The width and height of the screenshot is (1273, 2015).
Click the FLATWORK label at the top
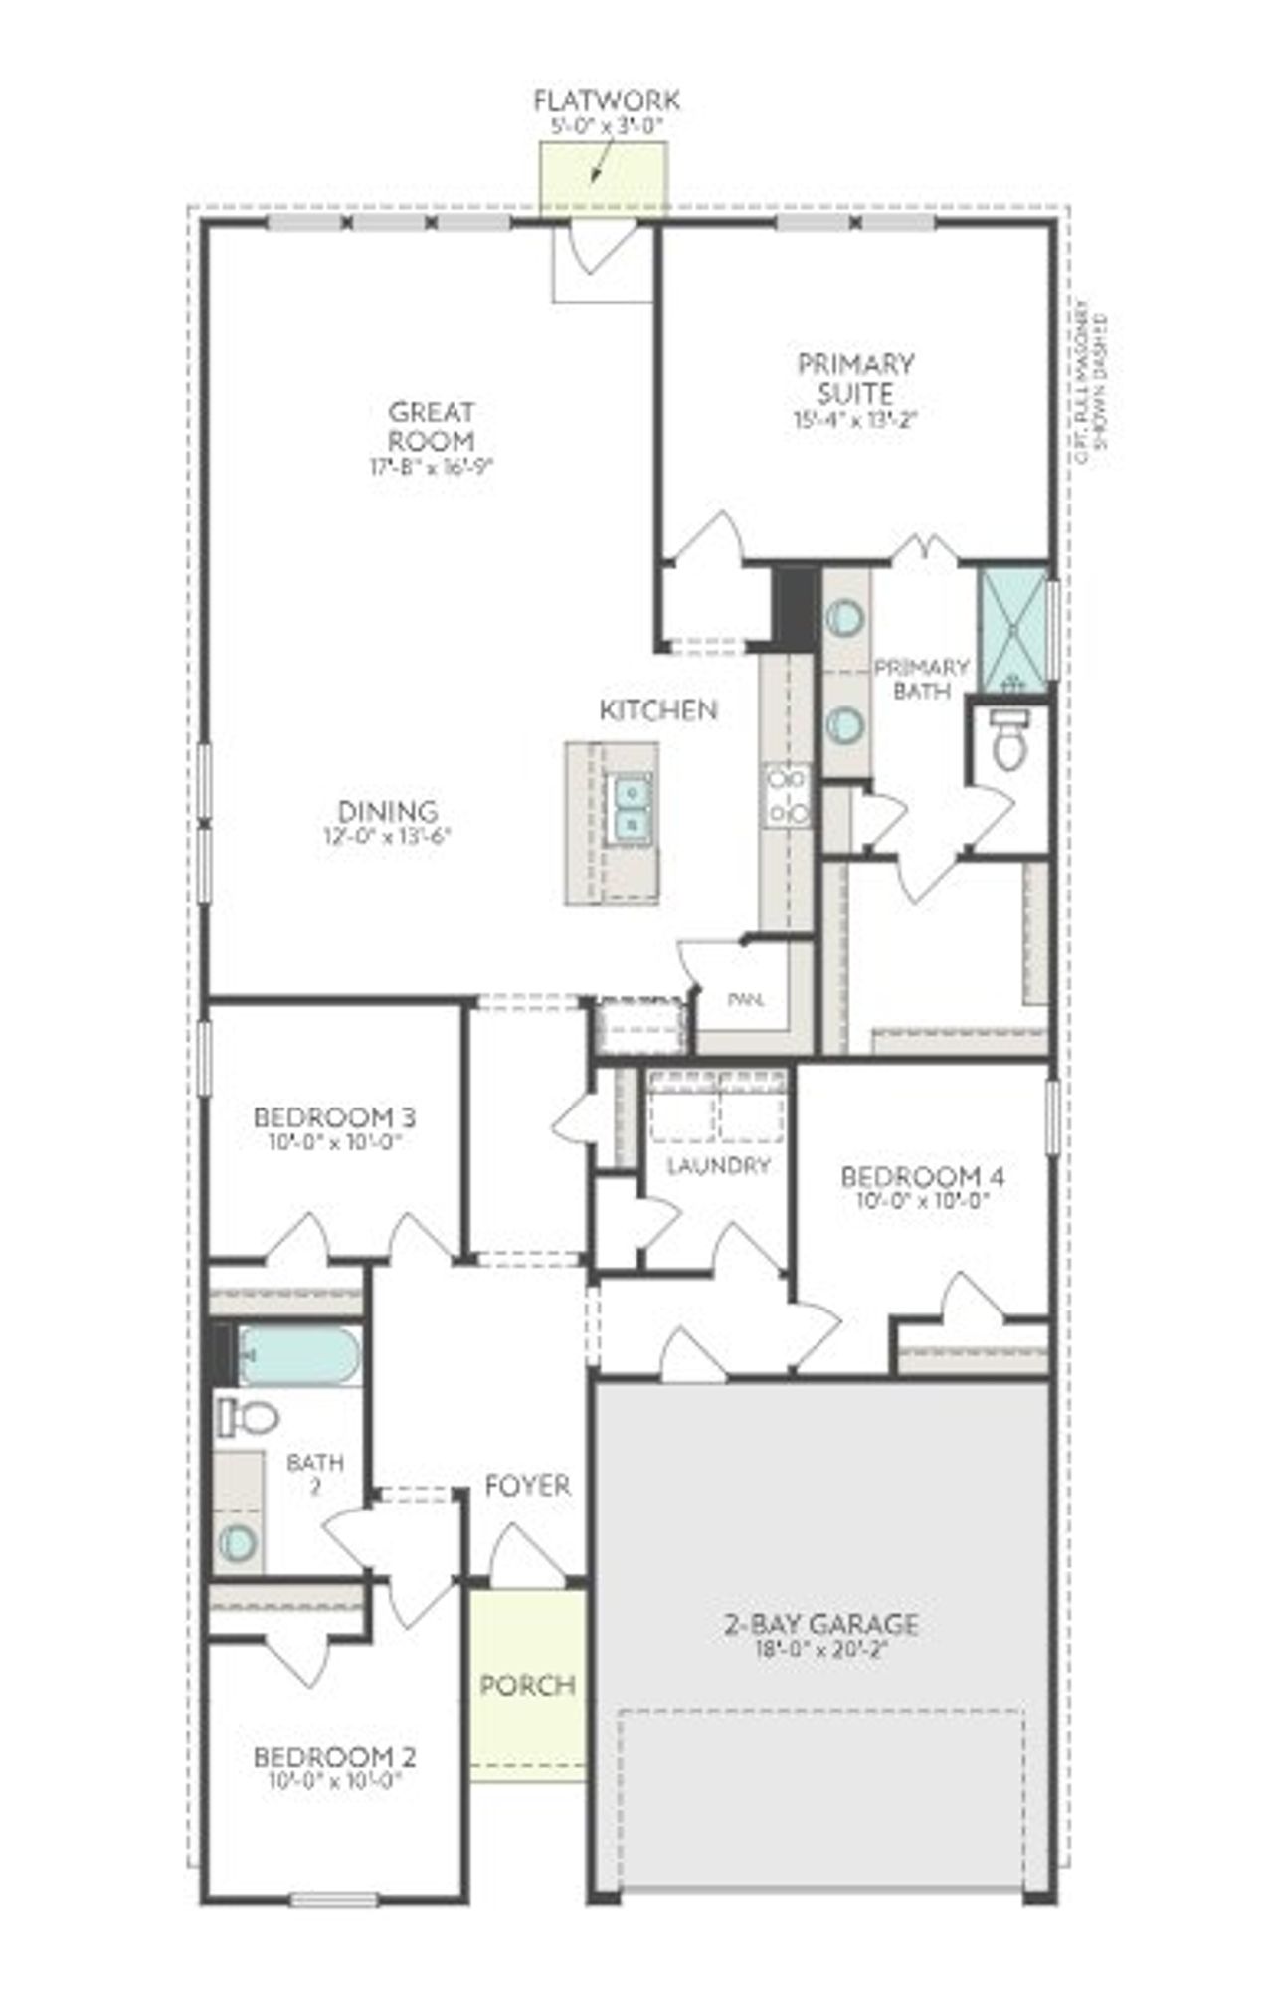607,101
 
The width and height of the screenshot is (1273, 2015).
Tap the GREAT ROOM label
431,425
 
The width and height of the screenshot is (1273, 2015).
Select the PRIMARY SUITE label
855,378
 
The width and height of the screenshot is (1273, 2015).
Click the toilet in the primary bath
1007,741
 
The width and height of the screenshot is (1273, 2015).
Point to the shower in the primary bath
1013,629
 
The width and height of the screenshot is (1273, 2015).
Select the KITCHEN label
657,710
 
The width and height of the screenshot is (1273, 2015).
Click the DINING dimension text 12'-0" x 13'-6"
387,837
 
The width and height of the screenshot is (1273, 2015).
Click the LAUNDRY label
718,1165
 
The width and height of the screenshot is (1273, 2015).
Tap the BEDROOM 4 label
922,1177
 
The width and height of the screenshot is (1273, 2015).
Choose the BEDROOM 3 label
334,1117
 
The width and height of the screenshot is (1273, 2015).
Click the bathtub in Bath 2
298,1355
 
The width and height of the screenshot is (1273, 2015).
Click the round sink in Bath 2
239,1541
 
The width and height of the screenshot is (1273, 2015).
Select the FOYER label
527,1486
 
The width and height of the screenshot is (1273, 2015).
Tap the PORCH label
527,1685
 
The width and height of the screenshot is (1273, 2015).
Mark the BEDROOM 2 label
334,1757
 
